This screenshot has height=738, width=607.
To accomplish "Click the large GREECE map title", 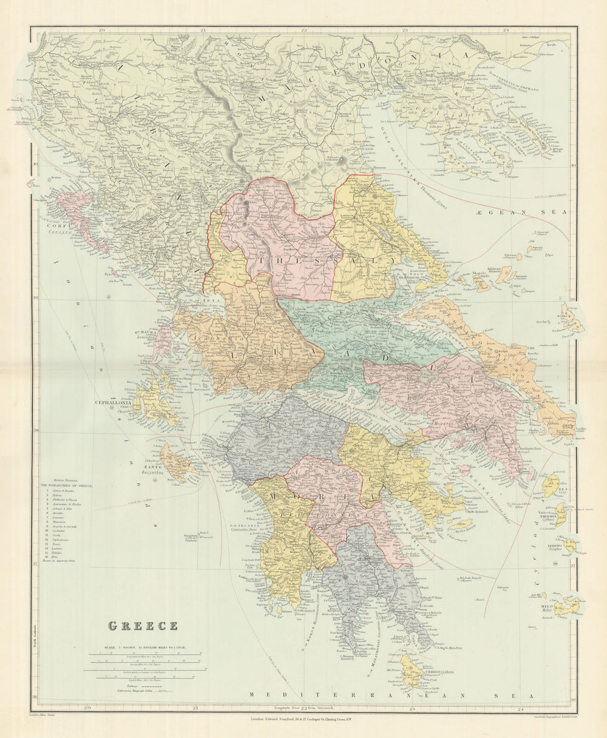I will [x=143, y=626].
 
